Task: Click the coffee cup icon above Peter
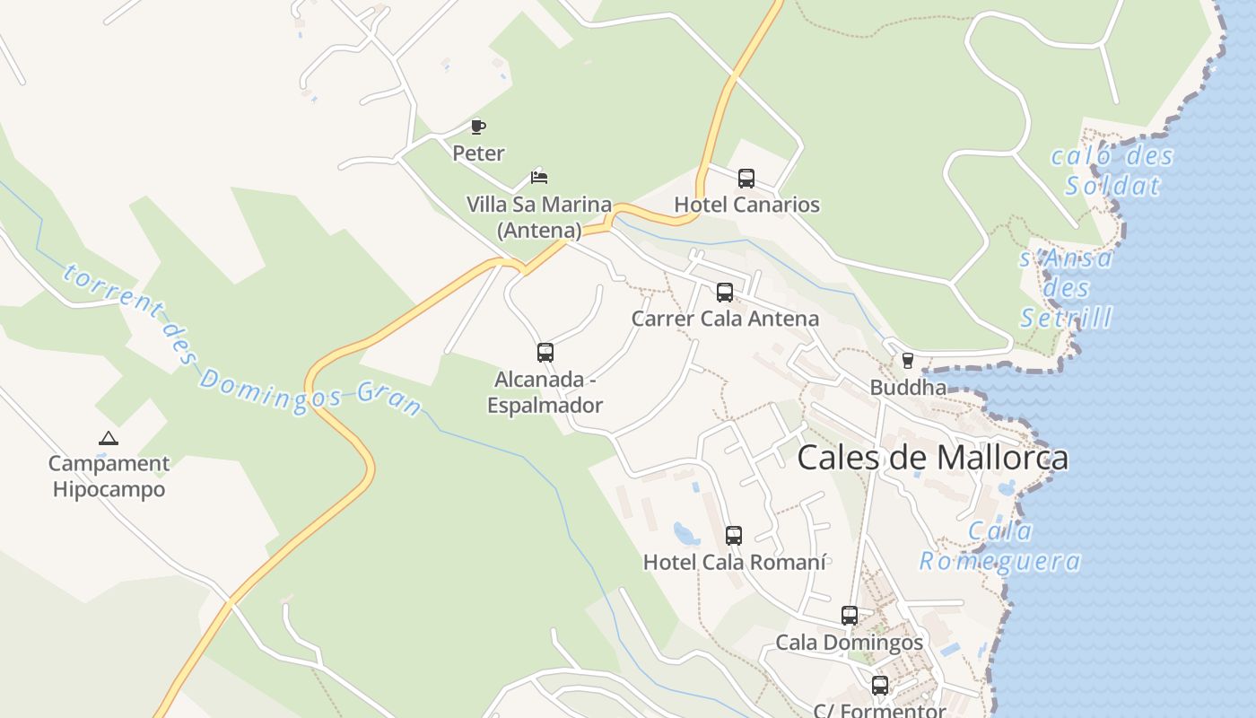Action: click(478, 127)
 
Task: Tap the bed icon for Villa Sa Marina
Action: click(539, 176)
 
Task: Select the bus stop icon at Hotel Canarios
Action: click(746, 178)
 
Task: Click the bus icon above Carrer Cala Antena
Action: click(725, 292)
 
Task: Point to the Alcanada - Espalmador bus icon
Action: click(545, 352)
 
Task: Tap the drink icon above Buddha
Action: click(908, 361)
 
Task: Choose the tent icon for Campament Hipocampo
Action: click(109, 439)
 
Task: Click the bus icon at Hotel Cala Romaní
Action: click(734, 536)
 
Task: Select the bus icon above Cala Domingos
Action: click(850, 616)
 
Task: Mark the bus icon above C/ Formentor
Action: click(880, 686)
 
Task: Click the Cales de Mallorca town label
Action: click(933, 458)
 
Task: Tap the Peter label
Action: click(478, 153)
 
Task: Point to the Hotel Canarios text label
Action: click(746, 205)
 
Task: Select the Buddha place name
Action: click(908, 388)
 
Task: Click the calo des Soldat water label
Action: click(1112, 171)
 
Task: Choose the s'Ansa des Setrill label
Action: click(1067, 288)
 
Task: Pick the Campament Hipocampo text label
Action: click(109, 477)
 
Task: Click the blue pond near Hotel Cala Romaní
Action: click(686, 534)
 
